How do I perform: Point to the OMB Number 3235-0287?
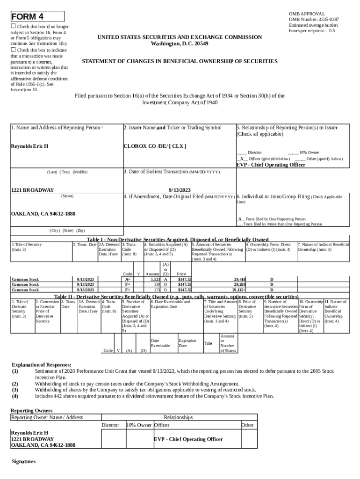[x=314, y=19]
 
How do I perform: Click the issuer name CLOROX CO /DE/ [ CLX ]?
[x=154, y=146]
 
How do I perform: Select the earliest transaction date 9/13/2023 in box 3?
[x=180, y=190]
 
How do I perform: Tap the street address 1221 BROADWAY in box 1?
[x=32, y=190]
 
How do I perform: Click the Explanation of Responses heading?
[x=41, y=364]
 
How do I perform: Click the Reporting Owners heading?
[x=32, y=410]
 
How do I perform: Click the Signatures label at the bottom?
[x=23, y=461]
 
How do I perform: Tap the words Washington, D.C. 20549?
[x=180, y=44]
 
